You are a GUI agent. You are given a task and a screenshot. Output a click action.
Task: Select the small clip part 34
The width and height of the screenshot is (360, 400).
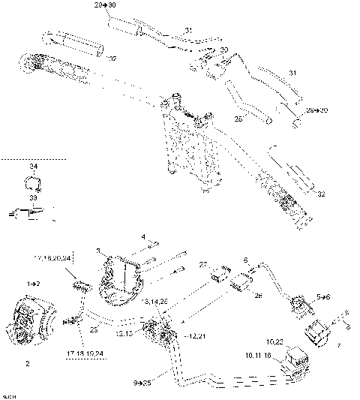tap(32, 182)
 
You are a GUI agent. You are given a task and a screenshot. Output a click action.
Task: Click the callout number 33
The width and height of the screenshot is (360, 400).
tap(31, 198)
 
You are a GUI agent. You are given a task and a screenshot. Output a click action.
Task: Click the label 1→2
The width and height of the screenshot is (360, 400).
tap(33, 284)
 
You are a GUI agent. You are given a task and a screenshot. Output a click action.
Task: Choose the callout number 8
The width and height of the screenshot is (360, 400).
tap(347, 326)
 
